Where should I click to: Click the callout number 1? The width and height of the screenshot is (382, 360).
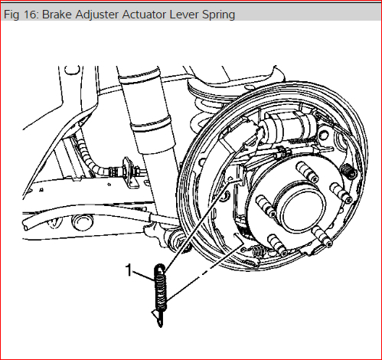pos(129,270)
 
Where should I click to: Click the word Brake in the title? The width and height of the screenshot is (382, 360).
pos(57,15)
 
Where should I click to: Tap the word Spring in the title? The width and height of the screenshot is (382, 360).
pos(218,15)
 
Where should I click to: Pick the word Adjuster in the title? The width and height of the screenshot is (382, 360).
pos(97,15)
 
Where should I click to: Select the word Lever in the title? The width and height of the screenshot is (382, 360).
pos(184,15)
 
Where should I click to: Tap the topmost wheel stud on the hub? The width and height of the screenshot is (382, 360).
pos(306,170)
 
